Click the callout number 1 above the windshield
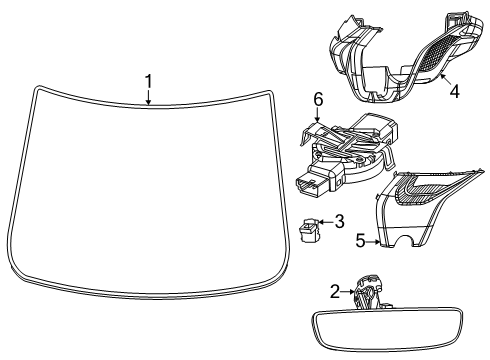click(148, 81)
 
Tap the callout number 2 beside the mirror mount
click(334, 291)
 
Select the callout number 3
click(340, 221)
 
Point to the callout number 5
click(361, 241)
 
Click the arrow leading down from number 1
click(148, 97)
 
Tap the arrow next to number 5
click(373, 241)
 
